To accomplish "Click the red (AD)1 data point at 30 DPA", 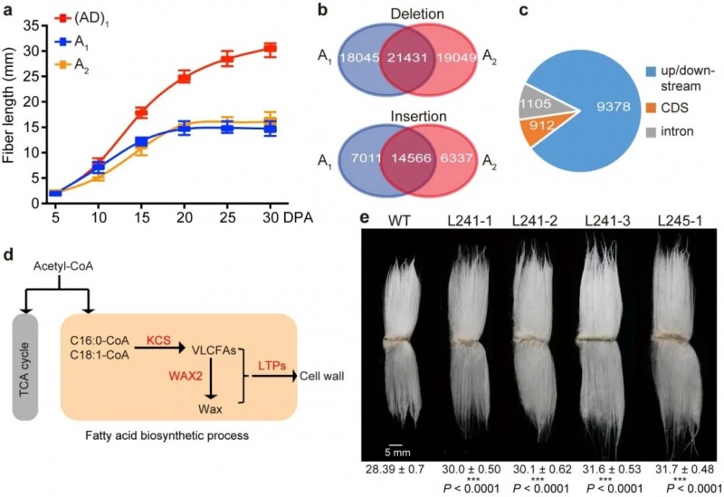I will coord(270,49).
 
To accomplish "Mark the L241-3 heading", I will coord(605,218).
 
